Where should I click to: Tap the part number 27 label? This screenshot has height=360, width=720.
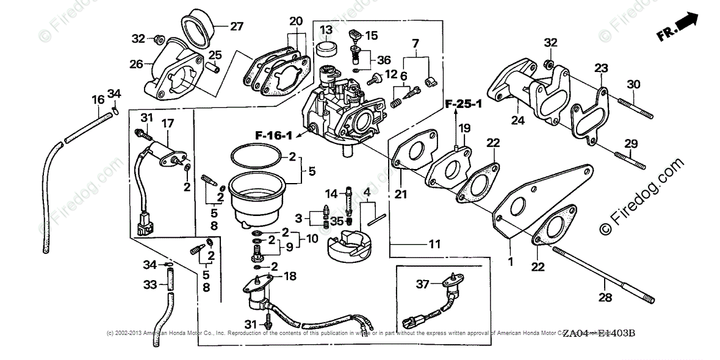236,26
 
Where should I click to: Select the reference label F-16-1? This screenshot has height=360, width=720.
274,135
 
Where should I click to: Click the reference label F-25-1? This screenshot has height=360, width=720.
463,104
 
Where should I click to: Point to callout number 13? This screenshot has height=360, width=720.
326,29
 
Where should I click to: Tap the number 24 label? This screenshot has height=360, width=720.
517,121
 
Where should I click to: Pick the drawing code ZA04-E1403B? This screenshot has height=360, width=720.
599,334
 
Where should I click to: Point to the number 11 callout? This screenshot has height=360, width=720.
434,244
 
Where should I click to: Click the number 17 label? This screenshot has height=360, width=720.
168,123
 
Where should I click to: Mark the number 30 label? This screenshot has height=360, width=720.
633,84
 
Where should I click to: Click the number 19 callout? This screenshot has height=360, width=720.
464,128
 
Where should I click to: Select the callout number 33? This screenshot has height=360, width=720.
150,284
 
